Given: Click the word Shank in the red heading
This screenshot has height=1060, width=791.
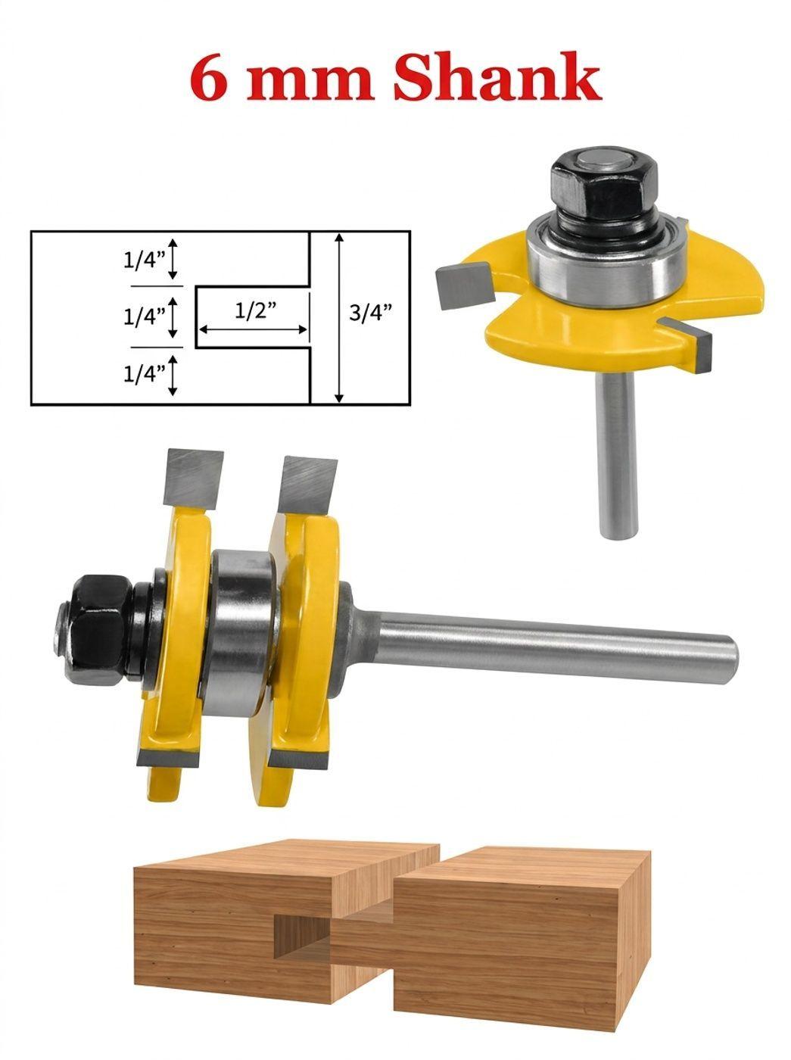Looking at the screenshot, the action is (497, 76).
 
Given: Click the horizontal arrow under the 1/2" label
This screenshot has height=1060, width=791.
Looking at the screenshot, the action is (253, 330).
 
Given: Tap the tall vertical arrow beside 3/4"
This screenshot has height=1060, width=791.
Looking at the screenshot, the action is (339, 318).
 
